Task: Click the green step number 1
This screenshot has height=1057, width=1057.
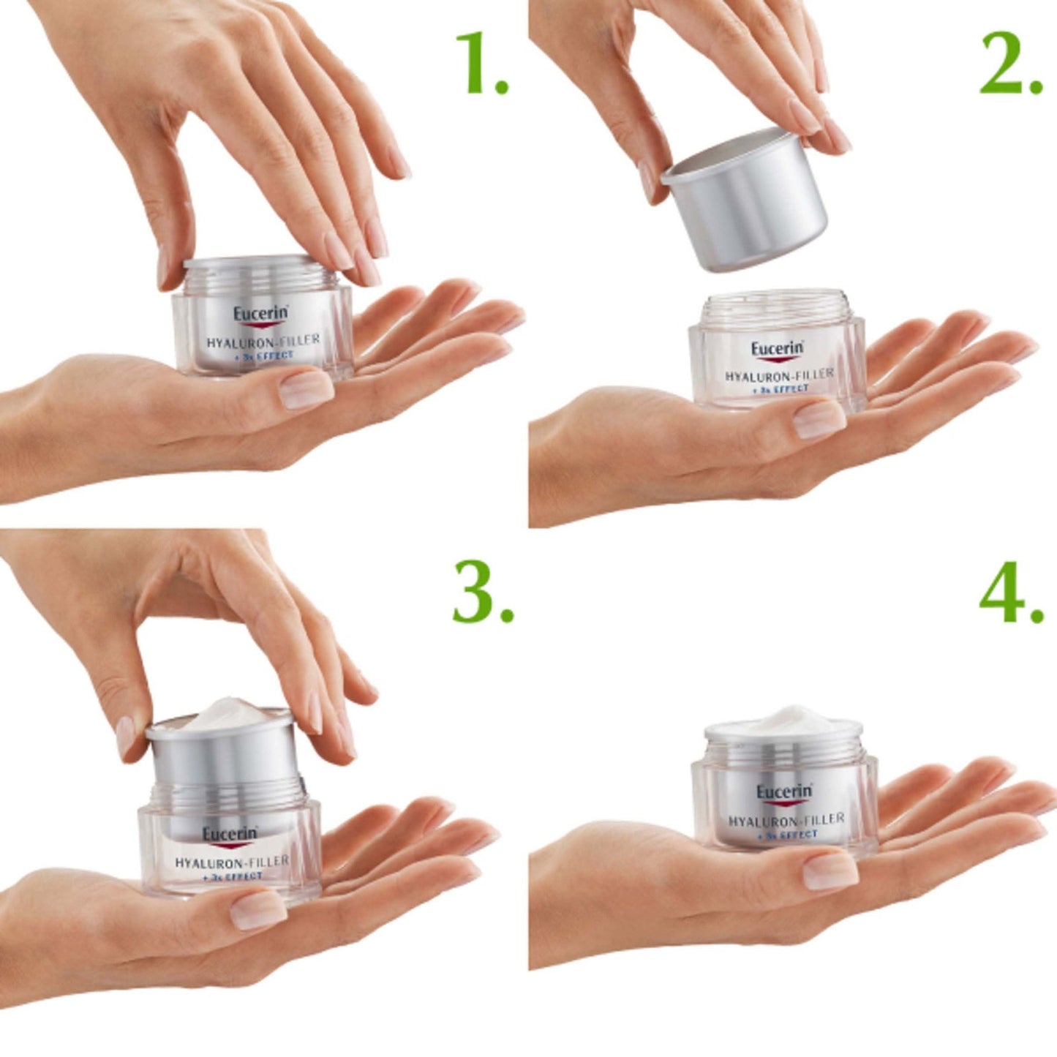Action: point(479,64)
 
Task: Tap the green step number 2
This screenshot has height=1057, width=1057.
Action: point(1009,64)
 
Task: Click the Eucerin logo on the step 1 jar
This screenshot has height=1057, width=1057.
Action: point(260,315)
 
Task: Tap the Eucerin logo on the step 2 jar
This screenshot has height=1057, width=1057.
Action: point(776,349)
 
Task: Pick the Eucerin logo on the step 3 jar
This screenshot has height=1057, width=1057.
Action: point(230,834)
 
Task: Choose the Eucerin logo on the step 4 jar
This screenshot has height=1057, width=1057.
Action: point(783,792)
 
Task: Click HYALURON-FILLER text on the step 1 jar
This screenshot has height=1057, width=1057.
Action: point(263,340)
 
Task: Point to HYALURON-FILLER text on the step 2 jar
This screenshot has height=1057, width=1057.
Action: point(778,375)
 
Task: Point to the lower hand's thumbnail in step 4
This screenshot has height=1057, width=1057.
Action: point(830,870)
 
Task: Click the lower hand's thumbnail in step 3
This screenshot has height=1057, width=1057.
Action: point(257,909)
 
